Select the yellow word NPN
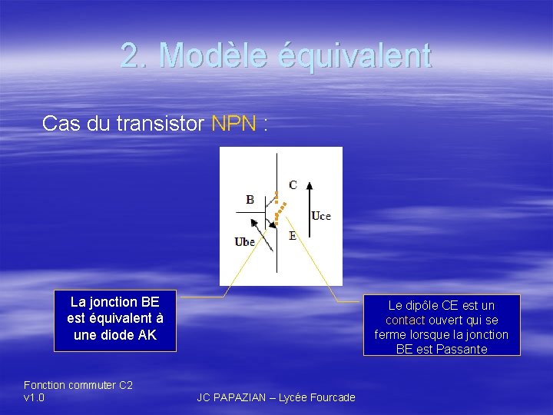(x=234, y=124)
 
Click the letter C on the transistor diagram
(x=293, y=184)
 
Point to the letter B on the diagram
(x=250, y=199)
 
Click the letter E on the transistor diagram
(x=293, y=236)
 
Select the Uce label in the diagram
(x=321, y=217)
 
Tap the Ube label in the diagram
(x=245, y=242)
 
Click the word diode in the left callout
(x=121, y=334)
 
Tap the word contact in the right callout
(x=406, y=320)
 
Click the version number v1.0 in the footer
(x=35, y=397)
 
